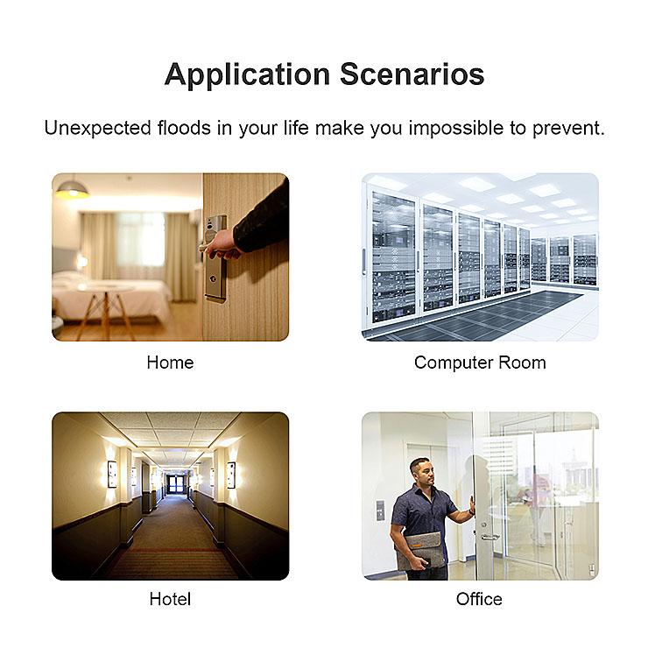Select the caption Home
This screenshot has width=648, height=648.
click(x=170, y=363)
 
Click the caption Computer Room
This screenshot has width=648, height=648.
click(x=480, y=363)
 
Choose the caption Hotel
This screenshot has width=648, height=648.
click(x=170, y=599)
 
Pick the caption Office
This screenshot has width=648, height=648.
click(x=479, y=599)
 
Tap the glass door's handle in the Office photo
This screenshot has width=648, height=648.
click(x=488, y=535)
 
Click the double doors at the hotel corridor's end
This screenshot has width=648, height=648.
click(x=178, y=482)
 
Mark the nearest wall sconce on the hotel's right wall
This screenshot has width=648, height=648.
click(x=231, y=475)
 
